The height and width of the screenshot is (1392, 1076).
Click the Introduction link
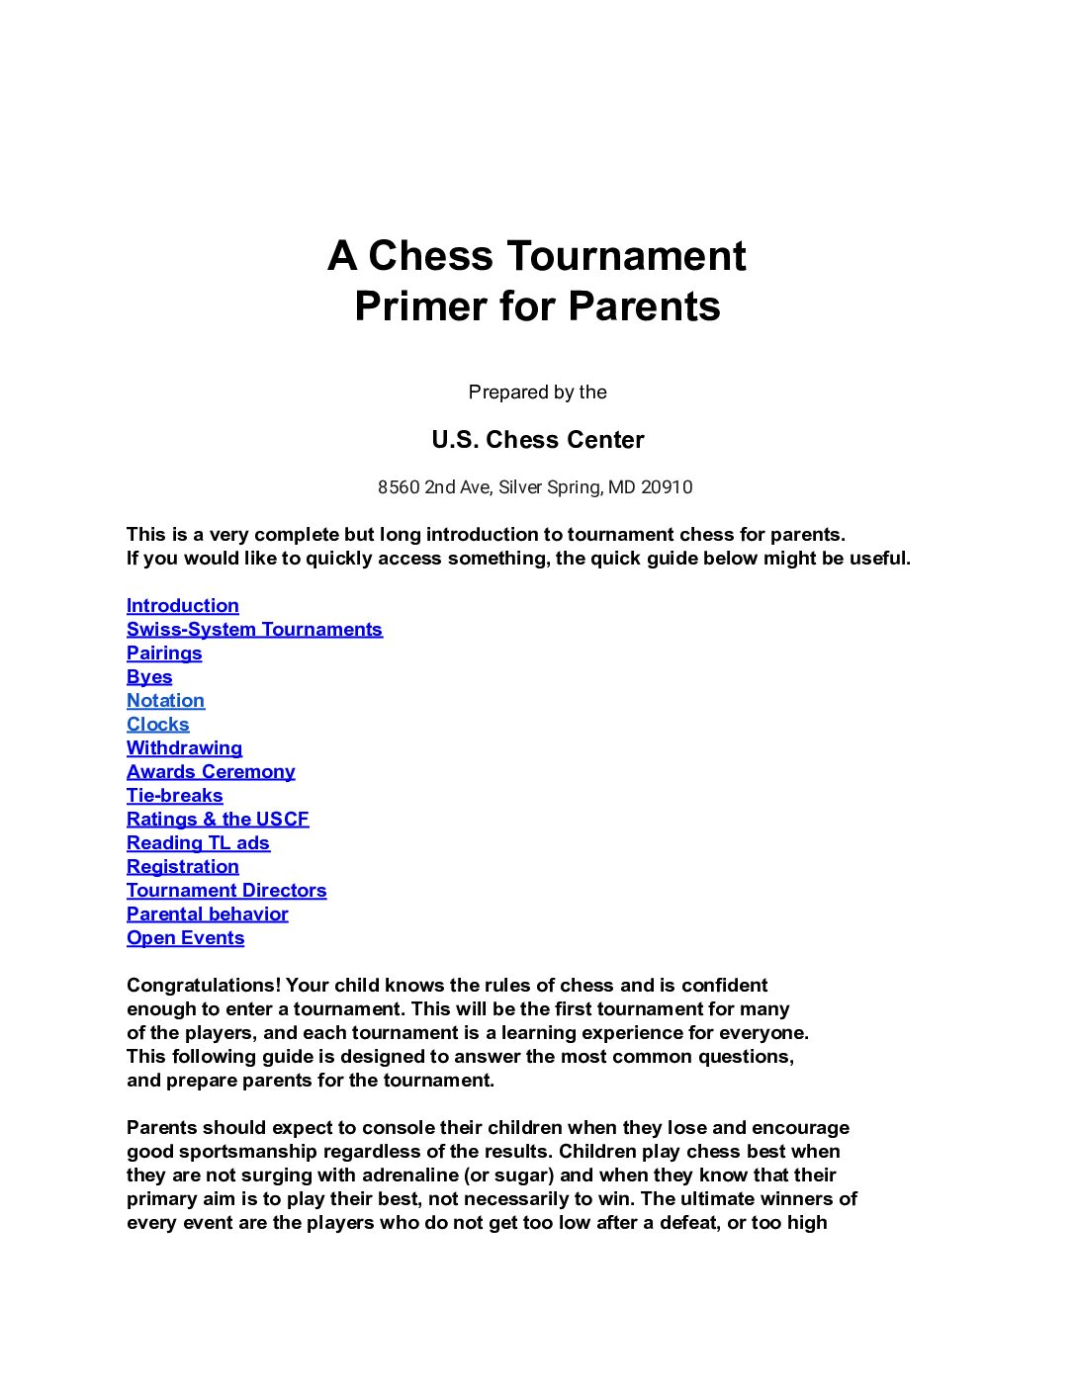[182, 606]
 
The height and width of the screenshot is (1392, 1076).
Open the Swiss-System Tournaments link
[254, 630]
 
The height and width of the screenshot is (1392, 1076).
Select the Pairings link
[164, 653]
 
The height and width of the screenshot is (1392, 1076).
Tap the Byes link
[149, 677]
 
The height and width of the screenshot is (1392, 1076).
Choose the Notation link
[165, 701]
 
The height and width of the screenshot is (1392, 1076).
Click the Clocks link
[157, 725]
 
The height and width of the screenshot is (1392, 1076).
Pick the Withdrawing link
[184, 748]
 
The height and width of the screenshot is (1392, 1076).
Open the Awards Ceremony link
[211, 772]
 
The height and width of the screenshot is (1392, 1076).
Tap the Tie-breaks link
[174, 796]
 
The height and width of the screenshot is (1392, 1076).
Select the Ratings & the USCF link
[218, 820]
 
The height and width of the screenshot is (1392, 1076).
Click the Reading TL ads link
[198, 843]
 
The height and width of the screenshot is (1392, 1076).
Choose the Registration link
[182, 867]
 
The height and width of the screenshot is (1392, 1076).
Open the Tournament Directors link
[226, 891]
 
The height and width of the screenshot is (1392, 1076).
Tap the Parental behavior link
[207, 914]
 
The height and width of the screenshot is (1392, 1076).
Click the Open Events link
[185, 938]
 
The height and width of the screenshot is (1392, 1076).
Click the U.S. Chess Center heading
[537, 440]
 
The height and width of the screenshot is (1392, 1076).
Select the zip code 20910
[667, 487]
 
